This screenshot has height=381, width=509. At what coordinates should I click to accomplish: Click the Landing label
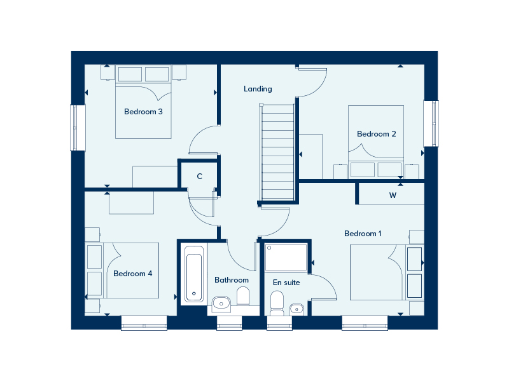click(258, 89)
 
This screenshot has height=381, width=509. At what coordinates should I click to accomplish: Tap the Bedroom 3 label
click(143, 112)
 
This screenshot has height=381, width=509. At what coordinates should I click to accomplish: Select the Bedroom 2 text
click(376, 134)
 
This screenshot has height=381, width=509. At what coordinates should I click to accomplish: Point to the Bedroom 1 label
click(363, 234)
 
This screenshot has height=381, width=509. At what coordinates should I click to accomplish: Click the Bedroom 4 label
click(132, 274)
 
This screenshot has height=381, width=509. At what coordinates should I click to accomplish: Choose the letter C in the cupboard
click(200, 177)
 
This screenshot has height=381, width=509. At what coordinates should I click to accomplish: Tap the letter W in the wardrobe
click(393, 196)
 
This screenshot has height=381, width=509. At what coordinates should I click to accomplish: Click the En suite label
click(286, 283)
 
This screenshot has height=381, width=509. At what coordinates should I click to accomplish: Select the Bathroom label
click(232, 280)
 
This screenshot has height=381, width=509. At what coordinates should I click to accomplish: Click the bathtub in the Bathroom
click(194, 274)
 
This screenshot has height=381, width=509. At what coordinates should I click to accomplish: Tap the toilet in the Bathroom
click(243, 296)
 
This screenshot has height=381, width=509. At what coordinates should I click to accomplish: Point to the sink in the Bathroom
click(221, 304)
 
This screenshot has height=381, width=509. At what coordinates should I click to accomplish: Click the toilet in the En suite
click(277, 304)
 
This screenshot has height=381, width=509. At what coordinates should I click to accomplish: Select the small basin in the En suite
click(296, 309)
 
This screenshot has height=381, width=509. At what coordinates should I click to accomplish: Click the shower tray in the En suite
click(286, 258)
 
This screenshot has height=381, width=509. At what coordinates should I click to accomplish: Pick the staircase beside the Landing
click(277, 152)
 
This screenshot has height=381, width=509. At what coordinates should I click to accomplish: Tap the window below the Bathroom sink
click(230, 323)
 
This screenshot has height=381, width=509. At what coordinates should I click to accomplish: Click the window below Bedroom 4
click(144, 323)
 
